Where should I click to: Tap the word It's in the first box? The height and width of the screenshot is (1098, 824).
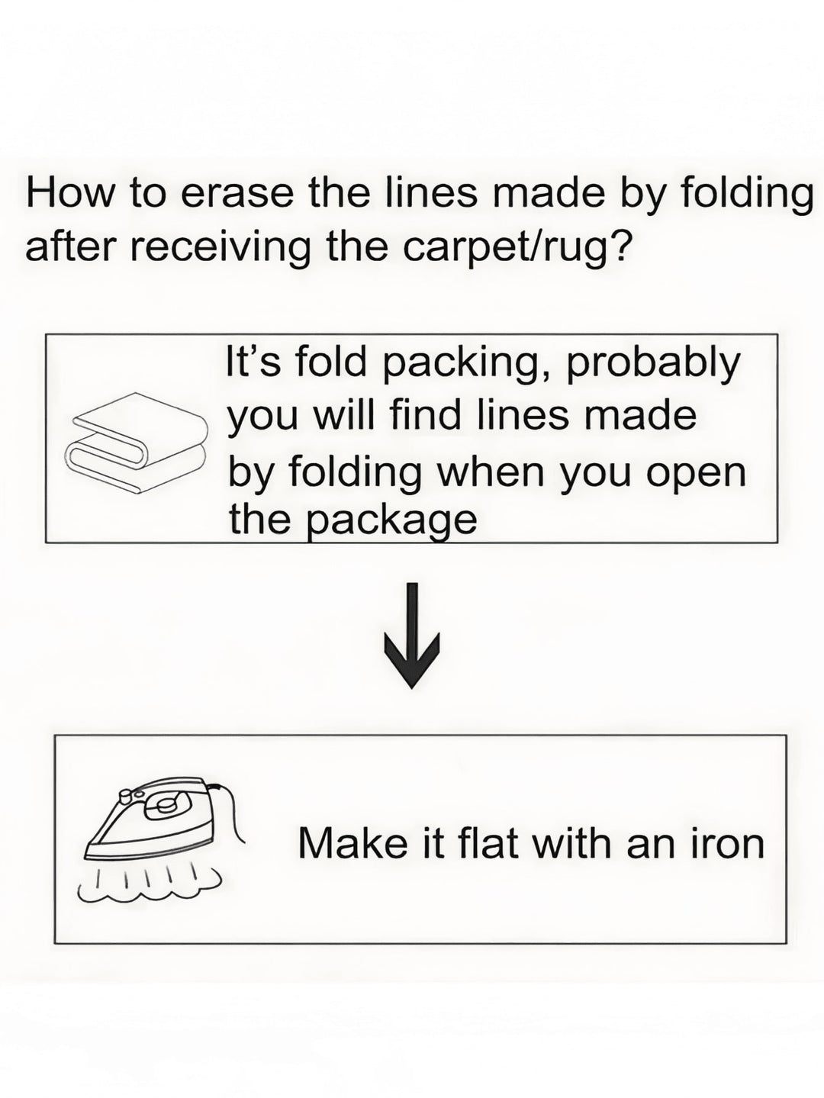point(255,362)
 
